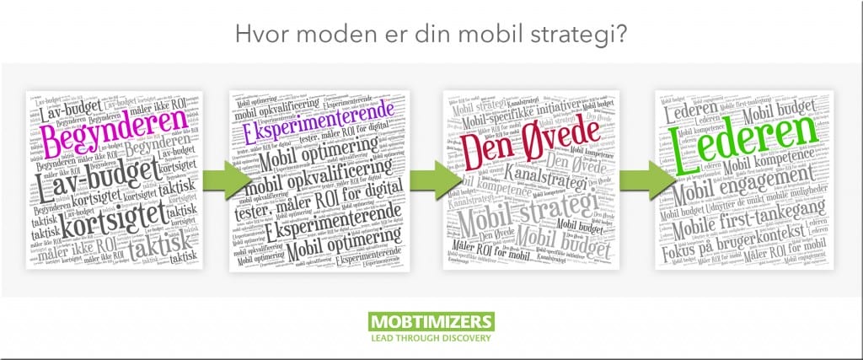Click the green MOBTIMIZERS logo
pyautogui.click(x=431, y=323)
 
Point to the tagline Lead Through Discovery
pyautogui.click(x=431, y=340)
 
